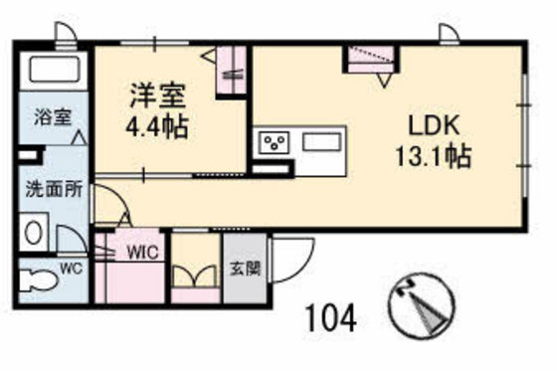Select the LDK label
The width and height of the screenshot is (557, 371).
(x=430, y=126)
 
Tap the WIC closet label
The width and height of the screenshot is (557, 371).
(x=139, y=252)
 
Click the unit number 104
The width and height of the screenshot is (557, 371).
(x=330, y=318)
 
